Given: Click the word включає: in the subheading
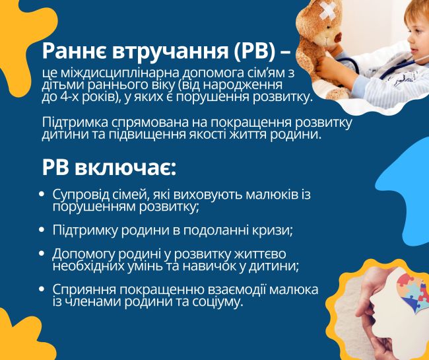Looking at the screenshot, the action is [x=125, y=168].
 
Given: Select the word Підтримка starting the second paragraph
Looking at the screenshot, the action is [x=75, y=124].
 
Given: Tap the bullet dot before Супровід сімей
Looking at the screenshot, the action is [x=42, y=194].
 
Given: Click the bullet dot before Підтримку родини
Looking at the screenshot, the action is [x=42, y=230].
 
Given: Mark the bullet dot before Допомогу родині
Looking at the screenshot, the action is [x=42, y=254].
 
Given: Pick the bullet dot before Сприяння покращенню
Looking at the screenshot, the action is [x=42, y=289].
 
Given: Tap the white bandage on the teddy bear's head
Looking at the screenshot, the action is [x=327, y=11].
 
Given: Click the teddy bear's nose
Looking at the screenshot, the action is [x=338, y=36].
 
